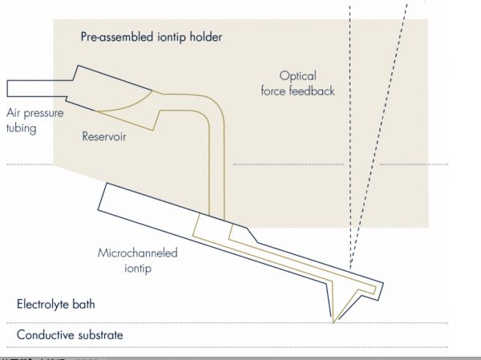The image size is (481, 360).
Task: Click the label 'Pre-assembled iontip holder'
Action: (151, 37)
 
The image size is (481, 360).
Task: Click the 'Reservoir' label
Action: (106, 136)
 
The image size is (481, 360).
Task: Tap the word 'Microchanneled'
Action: (136, 253)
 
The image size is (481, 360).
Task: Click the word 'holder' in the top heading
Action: (204, 37)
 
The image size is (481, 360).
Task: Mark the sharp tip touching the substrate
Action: (334, 322)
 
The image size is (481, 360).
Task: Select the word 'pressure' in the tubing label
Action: (47, 113)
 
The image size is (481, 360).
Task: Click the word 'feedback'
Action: (317, 91)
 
